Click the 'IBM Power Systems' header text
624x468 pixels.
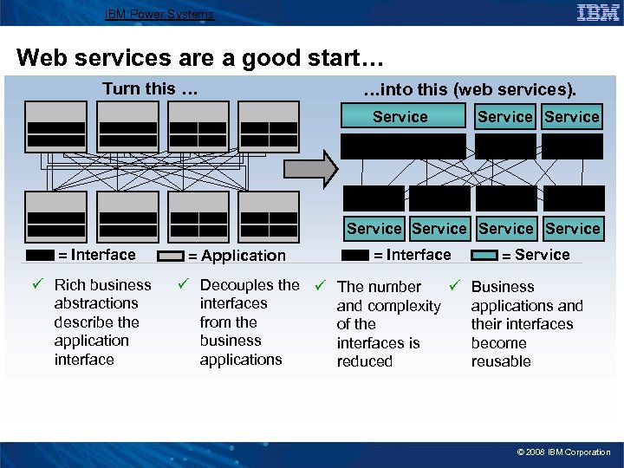tap(159, 14)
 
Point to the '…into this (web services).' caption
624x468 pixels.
tap(469, 90)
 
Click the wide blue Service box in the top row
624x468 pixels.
tap(400, 117)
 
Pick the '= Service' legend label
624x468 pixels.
tap(536, 255)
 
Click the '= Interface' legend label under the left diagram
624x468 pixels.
tap(96, 255)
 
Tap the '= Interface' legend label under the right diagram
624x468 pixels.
tap(412, 255)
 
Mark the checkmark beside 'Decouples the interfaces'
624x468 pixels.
tap(183, 285)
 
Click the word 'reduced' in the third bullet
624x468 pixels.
tap(364, 361)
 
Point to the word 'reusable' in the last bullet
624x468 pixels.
tap(501, 361)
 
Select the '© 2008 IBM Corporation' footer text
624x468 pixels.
tap(563, 452)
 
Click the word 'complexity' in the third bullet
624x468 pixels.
tap(400, 306)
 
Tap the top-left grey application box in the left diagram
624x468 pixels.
tap(56, 127)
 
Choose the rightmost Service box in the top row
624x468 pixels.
tap(572, 117)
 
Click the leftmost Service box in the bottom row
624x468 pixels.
tap(374, 229)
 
